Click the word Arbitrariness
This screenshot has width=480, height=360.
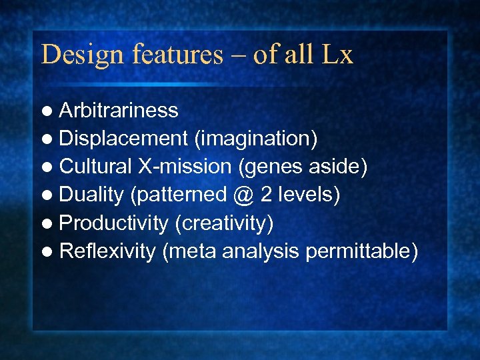click(x=119, y=110)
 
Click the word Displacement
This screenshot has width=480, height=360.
click(x=123, y=139)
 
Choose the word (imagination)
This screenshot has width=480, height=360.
click(x=255, y=139)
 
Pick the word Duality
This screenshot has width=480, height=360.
click(x=91, y=195)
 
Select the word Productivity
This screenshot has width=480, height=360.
click(x=113, y=223)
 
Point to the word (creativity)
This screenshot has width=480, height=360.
click(x=224, y=223)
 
